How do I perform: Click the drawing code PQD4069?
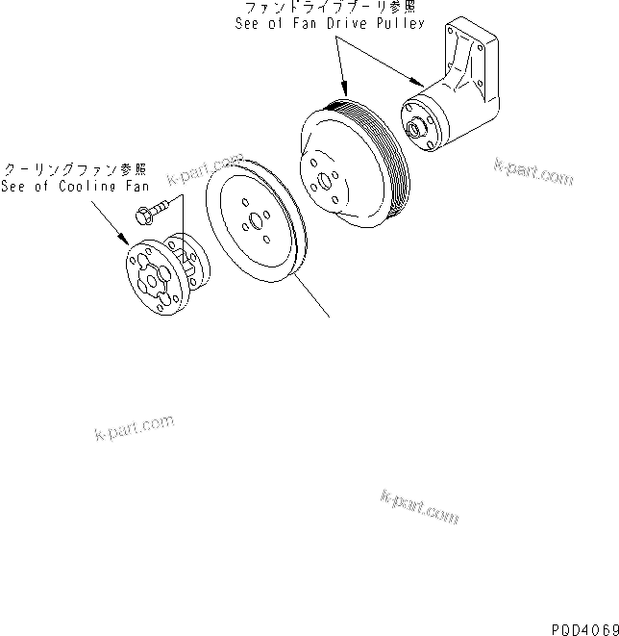click(x=582, y=627)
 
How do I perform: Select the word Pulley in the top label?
click(x=401, y=24)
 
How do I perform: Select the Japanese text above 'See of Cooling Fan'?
click(x=72, y=168)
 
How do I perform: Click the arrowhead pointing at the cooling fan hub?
click(x=126, y=240)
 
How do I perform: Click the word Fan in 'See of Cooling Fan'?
click(x=138, y=187)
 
